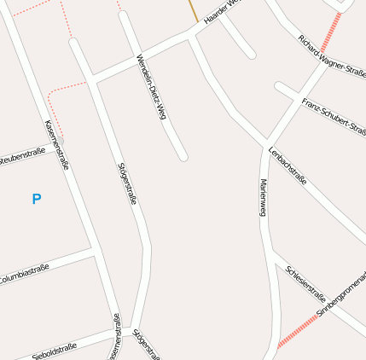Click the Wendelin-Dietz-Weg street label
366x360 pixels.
[x=150, y=86]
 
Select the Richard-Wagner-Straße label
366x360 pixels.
[x=331, y=55]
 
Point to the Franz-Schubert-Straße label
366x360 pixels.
[x=334, y=117]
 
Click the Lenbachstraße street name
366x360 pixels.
[x=287, y=165]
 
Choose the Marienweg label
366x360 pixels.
[x=264, y=198]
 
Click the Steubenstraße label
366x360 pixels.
[x=22, y=156]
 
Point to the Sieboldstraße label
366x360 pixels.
[x=54, y=350]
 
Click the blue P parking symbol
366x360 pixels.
[x=36, y=199]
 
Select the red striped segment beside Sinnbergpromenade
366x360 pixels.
[x=296, y=329]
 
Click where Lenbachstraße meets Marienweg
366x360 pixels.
[x=266, y=142]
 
